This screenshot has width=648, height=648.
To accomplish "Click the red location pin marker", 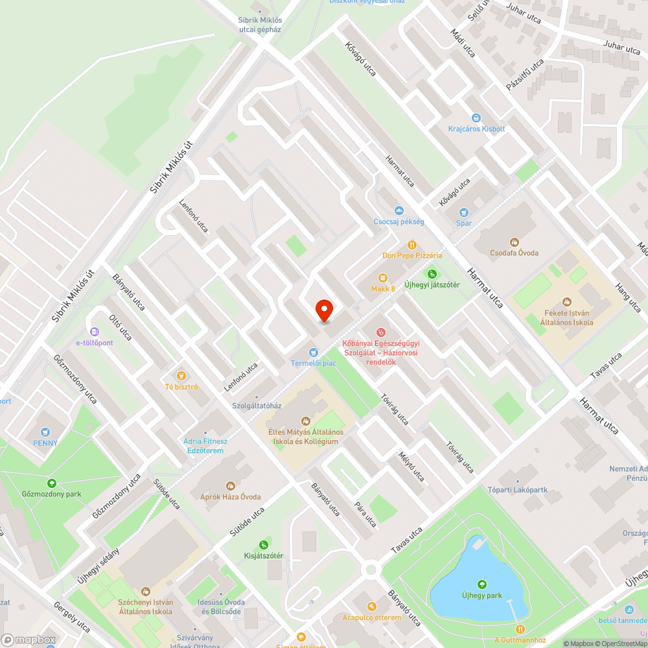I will tap(323, 310).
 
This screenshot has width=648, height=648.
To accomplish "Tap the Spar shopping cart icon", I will tap(463, 212).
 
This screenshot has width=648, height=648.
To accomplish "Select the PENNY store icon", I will tap(45, 432).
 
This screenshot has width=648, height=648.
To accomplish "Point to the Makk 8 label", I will tap(383, 288).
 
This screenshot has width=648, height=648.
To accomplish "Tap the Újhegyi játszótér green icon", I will tap(432, 274).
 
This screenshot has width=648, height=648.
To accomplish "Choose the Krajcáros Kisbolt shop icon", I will tap(476, 118).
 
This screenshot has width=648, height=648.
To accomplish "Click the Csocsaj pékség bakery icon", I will tap(399, 211).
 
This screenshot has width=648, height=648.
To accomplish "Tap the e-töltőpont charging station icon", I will tap(95, 332).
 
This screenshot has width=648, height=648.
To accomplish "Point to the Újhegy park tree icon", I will tap(481, 584).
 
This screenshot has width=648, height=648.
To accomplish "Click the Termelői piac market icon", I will tap(314, 352).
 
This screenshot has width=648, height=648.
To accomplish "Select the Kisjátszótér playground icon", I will tap(263, 544).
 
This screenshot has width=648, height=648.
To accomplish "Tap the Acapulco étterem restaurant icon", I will tap(372, 607).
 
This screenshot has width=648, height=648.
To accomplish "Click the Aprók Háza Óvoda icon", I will tap(230, 485).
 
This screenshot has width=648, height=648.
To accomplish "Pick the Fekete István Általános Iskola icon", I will tap(567, 301).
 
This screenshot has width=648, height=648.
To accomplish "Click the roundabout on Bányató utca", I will tap(371, 570).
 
